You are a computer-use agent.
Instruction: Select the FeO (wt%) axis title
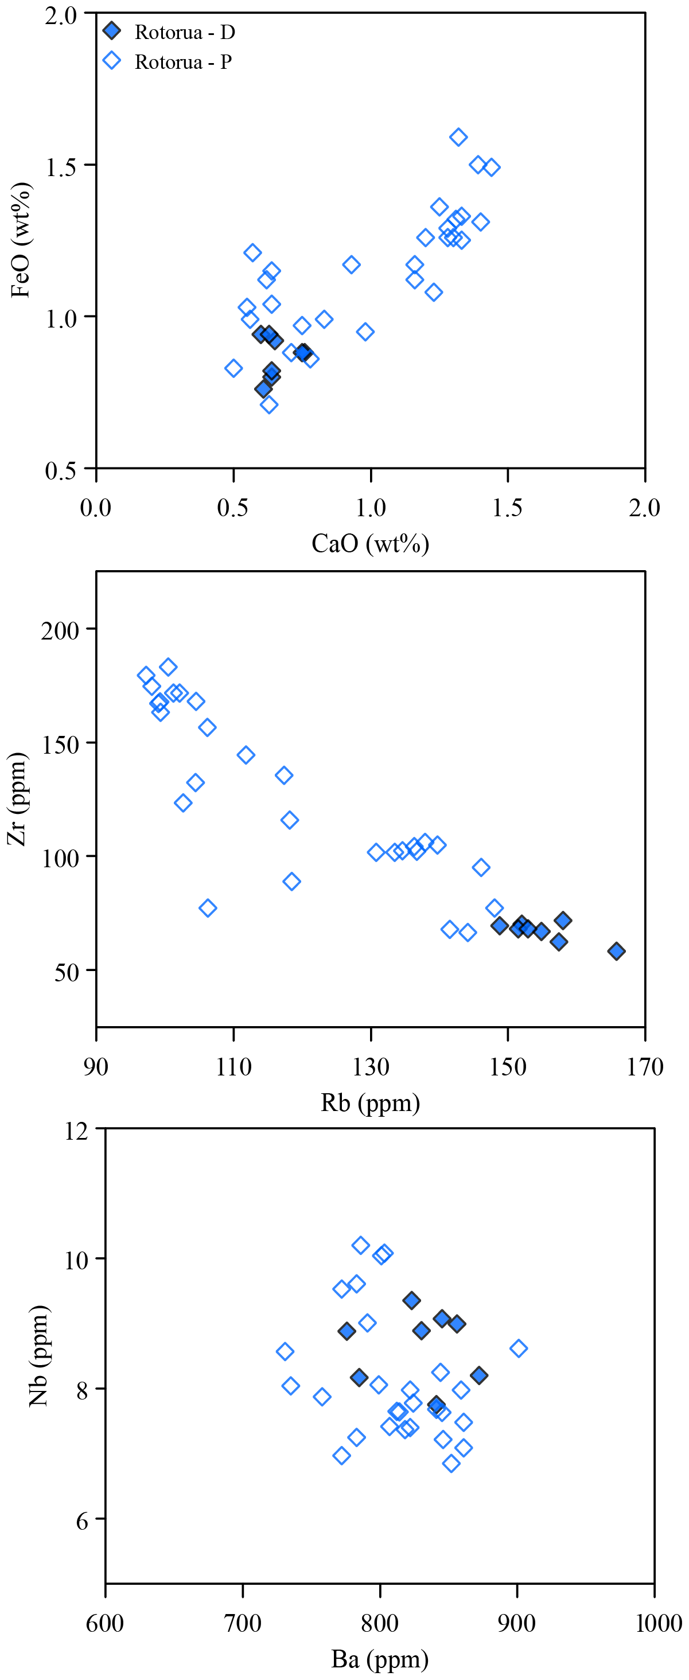click(x=20, y=240)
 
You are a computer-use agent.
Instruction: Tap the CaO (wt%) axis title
click(x=370, y=543)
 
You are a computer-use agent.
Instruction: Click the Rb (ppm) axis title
click(x=370, y=1102)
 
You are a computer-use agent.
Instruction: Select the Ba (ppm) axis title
click(x=379, y=1658)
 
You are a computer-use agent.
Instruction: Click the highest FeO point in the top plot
click(x=458, y=137)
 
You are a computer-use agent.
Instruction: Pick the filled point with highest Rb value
click(x=616, y=951)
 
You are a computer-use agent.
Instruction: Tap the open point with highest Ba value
click(x=518, y=1348)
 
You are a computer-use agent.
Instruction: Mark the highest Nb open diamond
click(x=361, y=1245)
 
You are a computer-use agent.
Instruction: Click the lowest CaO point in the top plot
click(x=233, y=368)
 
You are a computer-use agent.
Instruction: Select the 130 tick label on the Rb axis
click(x=371, y=1067)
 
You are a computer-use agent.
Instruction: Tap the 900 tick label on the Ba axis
click(x=517, y=1623)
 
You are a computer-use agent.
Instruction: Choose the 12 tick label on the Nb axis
click(x=76, y=1130)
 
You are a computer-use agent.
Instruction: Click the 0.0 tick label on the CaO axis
click(x=96, y=508)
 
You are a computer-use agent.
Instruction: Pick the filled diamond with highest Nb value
click(x=411, y=1300)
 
